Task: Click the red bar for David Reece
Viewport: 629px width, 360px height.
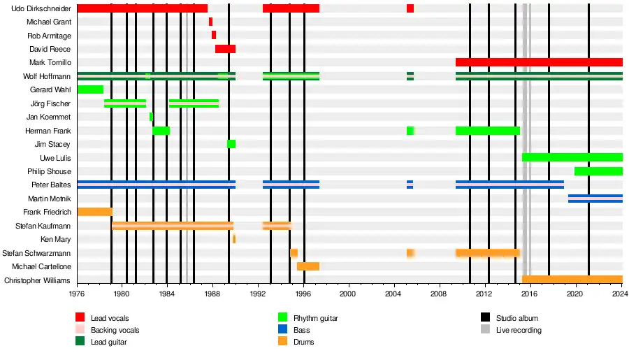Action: [x=225, y=49]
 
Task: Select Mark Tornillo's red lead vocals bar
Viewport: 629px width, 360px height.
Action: [x=539, y=62]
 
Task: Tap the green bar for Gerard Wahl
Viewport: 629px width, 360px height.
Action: [x=90, y=89]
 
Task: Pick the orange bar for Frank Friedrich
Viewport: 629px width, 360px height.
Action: [x=94, y=212]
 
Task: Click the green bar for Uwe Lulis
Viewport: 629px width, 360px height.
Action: [x=572, y=157]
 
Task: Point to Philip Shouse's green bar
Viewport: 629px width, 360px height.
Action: [x=598, y=171]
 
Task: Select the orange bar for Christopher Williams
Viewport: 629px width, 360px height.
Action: [x=572, y=280]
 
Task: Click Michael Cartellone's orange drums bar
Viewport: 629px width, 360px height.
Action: [x=308, y=266]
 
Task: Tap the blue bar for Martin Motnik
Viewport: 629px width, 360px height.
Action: [x=595, y=199]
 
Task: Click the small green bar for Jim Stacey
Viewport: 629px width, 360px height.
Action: [x=231, y=144]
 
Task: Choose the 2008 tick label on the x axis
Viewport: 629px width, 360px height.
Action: [x=439, y=295]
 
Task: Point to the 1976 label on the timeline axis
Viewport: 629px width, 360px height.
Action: [x=77, y=295]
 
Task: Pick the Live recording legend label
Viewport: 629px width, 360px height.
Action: [x=519, y=330]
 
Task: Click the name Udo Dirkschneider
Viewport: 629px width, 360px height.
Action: [x=41, y=8]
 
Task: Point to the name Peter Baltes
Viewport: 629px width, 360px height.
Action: [x=51, y=185]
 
